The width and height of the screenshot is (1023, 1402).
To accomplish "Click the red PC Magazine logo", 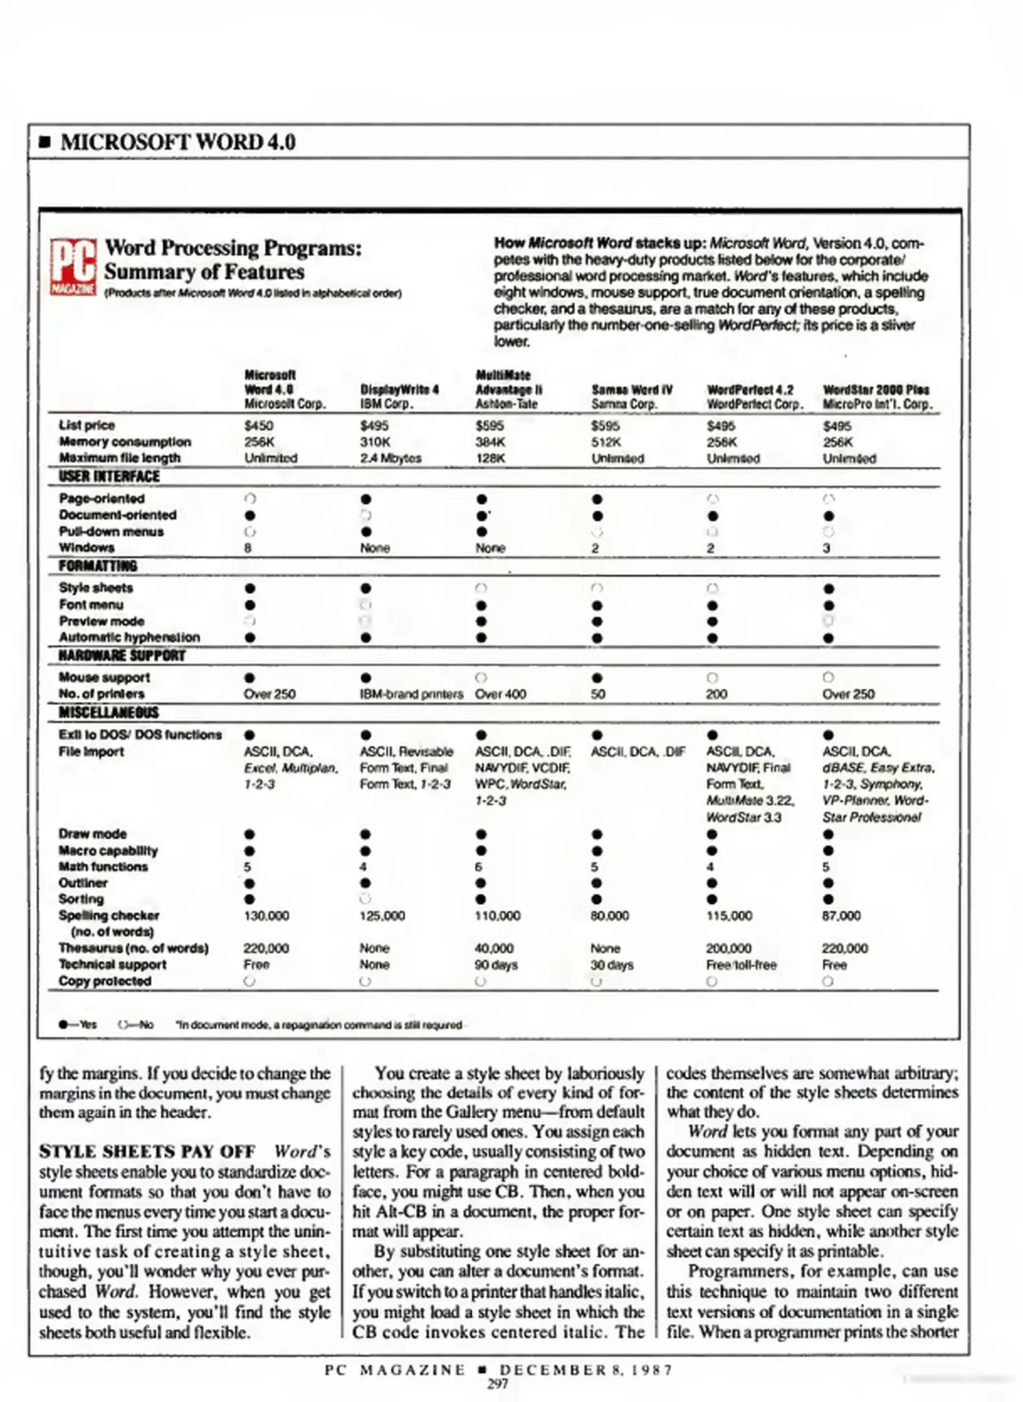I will point(73,267).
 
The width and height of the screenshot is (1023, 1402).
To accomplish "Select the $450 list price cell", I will point(259,426).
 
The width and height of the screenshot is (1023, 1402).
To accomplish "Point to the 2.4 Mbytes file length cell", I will point(391,458).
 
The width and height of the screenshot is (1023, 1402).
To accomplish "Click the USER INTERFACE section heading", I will point(109,476).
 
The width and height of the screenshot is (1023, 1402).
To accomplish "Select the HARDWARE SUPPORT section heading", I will point(122,656).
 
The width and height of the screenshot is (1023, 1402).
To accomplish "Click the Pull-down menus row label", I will point(111,532).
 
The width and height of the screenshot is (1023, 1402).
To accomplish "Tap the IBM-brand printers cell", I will point(411,694).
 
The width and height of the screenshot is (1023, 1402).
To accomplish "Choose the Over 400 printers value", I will point(500,694).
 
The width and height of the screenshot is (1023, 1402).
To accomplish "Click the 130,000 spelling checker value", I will point(266,915).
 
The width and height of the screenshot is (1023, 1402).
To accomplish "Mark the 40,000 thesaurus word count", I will point(494,948).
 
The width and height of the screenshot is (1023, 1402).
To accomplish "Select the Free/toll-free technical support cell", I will point(741,965).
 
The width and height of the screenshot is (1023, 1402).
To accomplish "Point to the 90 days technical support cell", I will point(496,965).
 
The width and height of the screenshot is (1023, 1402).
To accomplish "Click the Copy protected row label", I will point(104,981).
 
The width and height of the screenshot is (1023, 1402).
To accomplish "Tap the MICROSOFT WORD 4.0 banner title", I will point(178,142).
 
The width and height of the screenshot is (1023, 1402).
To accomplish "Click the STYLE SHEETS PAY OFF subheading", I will point(147,1151).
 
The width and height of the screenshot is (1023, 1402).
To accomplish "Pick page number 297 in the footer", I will point(498,1384).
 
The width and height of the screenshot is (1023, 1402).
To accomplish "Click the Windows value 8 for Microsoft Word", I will point(248,548).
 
